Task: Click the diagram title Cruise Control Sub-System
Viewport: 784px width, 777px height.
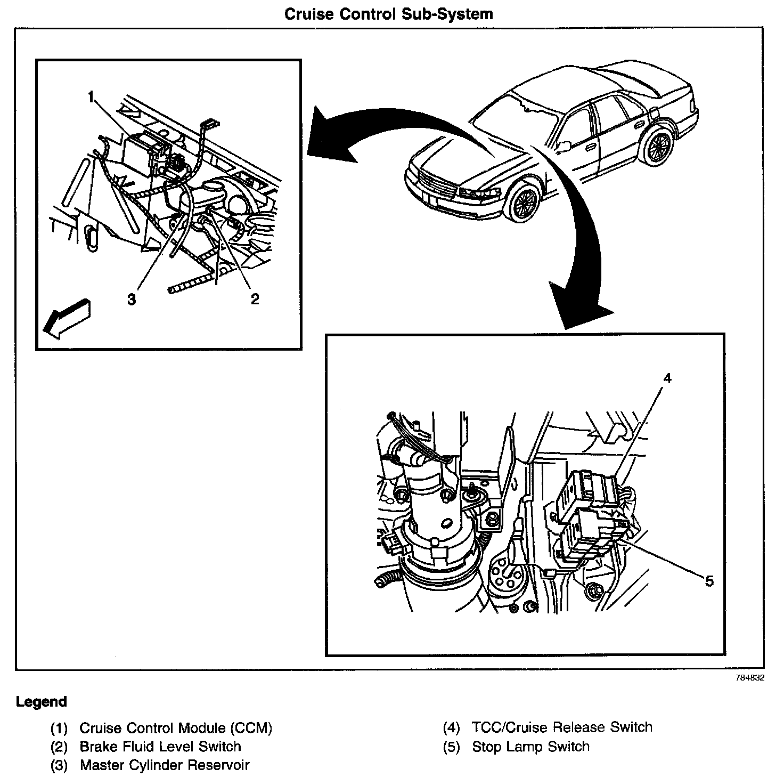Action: point(388,14)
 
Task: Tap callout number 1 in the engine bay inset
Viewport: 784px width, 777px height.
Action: point(91,97)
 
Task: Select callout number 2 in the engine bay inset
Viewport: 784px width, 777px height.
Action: point(255,299)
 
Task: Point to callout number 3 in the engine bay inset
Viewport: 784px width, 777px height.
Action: point(132,299)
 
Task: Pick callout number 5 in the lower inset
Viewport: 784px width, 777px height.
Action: point(709,580)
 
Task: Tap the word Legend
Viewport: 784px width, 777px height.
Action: point(42,701)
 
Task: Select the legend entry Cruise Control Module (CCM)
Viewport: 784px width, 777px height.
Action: point(176,727)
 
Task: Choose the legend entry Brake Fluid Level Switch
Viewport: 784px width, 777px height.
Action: point(160,747)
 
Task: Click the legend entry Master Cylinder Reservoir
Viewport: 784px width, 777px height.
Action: point(165,765)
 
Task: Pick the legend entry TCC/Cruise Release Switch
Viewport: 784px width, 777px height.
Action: point(561,727)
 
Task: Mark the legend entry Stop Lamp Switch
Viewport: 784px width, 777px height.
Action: point(530,747)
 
